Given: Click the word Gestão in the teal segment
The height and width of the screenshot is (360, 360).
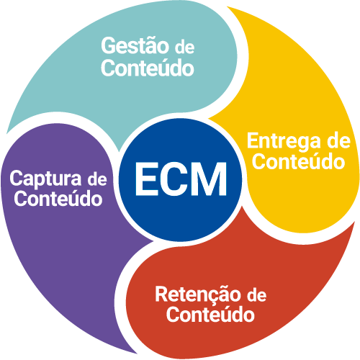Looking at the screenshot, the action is pos(135,47).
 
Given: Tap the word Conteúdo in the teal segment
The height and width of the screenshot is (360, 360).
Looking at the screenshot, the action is pos(148,68).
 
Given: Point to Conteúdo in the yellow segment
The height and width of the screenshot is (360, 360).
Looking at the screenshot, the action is pos(298,161).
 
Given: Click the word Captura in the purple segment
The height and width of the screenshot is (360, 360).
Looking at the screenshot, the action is pos(45,179).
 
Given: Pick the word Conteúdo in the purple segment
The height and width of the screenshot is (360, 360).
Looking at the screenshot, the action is pos(58,199).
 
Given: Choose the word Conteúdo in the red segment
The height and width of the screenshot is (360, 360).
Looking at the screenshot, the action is pos(210,315).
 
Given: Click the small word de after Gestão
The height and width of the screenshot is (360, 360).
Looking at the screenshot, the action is pos(184,48).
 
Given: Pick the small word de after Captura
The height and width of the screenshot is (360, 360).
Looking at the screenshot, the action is pos(97,180).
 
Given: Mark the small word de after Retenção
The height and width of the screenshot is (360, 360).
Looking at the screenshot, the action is pos(257,295).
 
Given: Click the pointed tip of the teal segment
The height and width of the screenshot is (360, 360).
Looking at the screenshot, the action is pos(120,151).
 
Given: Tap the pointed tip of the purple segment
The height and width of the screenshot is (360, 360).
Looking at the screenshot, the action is pos(137,354).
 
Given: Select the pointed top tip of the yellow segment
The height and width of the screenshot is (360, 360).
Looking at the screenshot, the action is pos(228,7).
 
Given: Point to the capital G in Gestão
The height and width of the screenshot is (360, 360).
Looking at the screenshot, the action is pos(109,45).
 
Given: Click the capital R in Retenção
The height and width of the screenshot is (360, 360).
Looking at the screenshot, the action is pos(163,294).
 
